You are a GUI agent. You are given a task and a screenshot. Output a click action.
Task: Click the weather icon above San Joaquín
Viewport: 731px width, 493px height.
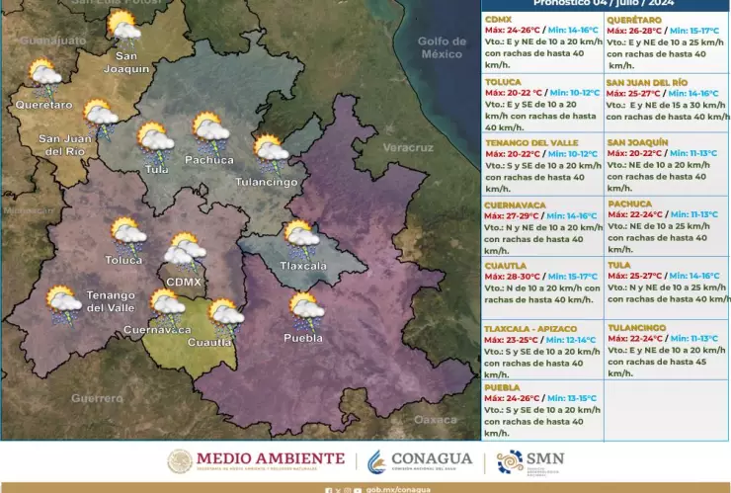[x=123, y=26]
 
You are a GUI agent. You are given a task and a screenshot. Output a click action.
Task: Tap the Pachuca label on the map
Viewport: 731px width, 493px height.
[x=209, y=159]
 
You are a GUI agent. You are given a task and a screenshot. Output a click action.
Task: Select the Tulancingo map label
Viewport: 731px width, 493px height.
[x=267, y=182]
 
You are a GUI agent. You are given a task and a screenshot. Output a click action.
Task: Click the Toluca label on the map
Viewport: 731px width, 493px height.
[x=125, y=260]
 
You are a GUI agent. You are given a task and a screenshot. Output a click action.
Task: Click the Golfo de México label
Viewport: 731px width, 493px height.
[x=442, y=47]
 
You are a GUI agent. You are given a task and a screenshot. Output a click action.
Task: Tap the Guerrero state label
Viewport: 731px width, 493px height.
[x=97, y=398]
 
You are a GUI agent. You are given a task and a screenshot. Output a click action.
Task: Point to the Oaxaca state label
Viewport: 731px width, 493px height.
[x=436, y=419]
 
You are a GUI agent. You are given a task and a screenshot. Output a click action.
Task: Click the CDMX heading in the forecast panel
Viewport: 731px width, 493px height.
[x=499, y=20]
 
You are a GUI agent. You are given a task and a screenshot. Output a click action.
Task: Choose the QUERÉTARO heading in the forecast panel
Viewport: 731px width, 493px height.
[x=633, y=20]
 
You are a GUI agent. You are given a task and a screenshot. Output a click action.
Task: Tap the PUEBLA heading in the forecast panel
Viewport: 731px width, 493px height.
[x=503, y=388]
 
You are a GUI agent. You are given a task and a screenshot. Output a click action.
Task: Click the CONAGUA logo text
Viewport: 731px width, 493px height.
[x=431, y=460]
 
